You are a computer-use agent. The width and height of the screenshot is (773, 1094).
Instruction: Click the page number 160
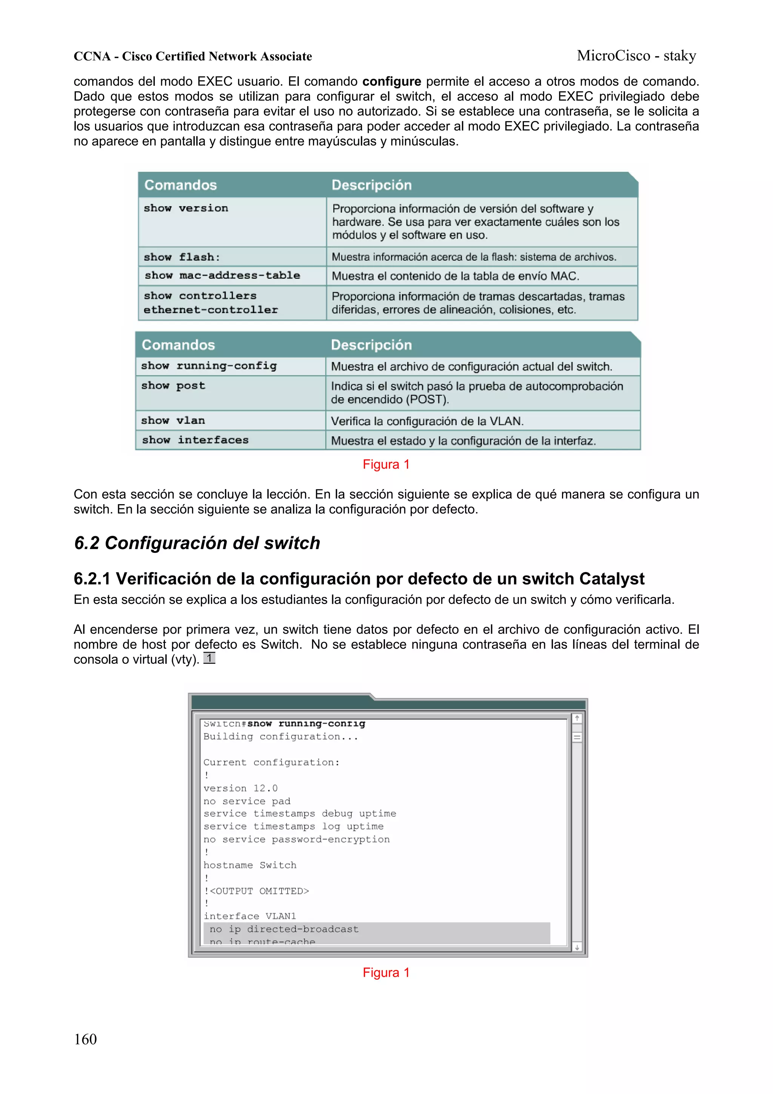pos(85,1039)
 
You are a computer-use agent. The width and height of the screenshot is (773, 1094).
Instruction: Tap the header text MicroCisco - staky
pos(636,56)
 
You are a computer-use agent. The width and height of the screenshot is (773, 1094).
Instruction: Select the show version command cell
pos(186,208)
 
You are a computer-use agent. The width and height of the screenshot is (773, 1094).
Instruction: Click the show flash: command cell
pos(182,257)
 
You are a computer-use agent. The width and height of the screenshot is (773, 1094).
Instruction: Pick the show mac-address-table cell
pos(222,275)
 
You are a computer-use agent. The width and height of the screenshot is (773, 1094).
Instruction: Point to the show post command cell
pos(173,386)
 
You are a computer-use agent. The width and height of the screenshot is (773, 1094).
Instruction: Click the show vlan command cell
pos(173,420)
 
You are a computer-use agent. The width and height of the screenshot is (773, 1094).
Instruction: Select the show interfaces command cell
pos(195,440)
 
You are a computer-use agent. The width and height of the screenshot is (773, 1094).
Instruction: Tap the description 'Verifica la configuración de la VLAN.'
pos(427,421)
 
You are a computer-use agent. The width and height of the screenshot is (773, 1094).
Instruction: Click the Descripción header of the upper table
pos(371,185)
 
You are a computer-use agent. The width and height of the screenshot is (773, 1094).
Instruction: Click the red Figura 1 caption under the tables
pos(386,464)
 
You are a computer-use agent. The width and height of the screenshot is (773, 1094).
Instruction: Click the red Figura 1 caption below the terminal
pos(386,972)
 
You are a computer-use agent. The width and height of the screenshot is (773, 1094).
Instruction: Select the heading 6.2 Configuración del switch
pos(197,543)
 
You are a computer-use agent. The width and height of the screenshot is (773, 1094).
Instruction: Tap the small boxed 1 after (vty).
pos(209,658)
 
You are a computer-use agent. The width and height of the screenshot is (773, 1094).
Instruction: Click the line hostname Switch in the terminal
pos(249,865)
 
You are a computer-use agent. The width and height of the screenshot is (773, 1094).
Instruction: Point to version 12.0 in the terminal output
pos(240,788)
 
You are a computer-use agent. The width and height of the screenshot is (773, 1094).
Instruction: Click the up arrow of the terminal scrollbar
pos(577,718)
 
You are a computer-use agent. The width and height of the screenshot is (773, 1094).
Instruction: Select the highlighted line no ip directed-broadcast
pos(284,929)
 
